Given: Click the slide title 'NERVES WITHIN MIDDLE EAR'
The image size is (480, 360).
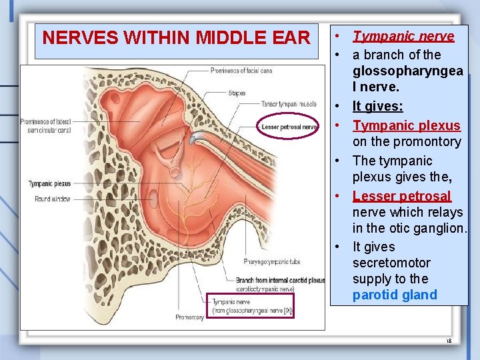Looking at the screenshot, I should [176, 38].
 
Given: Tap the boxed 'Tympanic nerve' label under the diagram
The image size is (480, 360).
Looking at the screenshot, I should [249, 306].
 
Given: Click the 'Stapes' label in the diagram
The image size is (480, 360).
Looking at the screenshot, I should [237, 93].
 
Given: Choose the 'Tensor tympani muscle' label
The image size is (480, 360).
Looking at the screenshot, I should [289, 104].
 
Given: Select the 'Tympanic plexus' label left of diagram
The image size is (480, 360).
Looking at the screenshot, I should [49, 183].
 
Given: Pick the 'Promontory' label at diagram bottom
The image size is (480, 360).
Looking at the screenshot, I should [189, 317].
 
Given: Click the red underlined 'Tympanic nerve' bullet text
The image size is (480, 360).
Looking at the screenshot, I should [403, 37].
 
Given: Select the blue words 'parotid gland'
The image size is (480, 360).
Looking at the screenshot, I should [395, 295].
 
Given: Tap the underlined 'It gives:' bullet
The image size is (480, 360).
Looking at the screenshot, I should [377, 107].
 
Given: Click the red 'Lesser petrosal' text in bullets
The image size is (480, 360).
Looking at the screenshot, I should [401, 196].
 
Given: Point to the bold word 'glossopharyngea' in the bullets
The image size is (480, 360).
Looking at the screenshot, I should [406, 71].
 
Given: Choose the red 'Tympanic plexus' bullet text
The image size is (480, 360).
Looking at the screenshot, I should [406, 125].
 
